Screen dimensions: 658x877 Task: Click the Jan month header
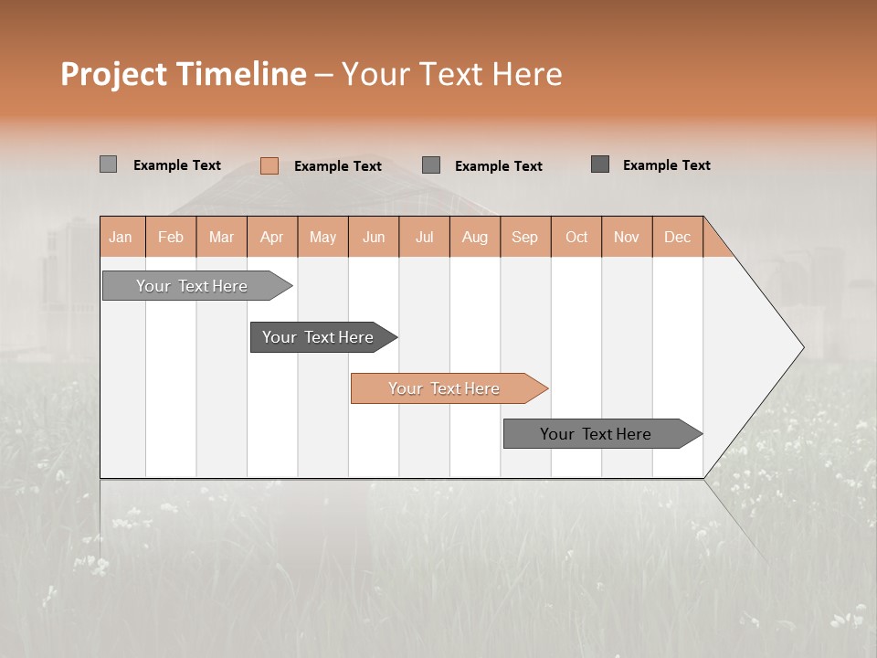click(121, 237)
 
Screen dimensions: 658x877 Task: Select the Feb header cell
click(171, 237)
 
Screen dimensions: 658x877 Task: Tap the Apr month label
click(271, 237)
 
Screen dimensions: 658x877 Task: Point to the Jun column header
click(374, 237)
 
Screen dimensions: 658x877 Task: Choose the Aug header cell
click(474, 237)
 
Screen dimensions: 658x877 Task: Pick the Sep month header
click(524, 237)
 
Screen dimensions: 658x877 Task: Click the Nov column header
click(626, 237)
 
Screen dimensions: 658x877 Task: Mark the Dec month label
click(677, 237)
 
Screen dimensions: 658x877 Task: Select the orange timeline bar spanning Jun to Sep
click(444, 388)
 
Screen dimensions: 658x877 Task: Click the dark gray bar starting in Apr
click(318, 337)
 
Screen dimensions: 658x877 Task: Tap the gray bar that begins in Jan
click(192, 286)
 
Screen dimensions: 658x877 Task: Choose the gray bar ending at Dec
click(596, 434)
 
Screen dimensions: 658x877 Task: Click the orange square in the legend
click(269, 165)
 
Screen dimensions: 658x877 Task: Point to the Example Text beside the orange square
click(338, 166)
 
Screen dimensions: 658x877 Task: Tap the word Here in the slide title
click(527, 74)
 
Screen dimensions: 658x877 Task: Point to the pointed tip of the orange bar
click(544, 388)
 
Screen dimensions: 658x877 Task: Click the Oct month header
click(576, 237)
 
